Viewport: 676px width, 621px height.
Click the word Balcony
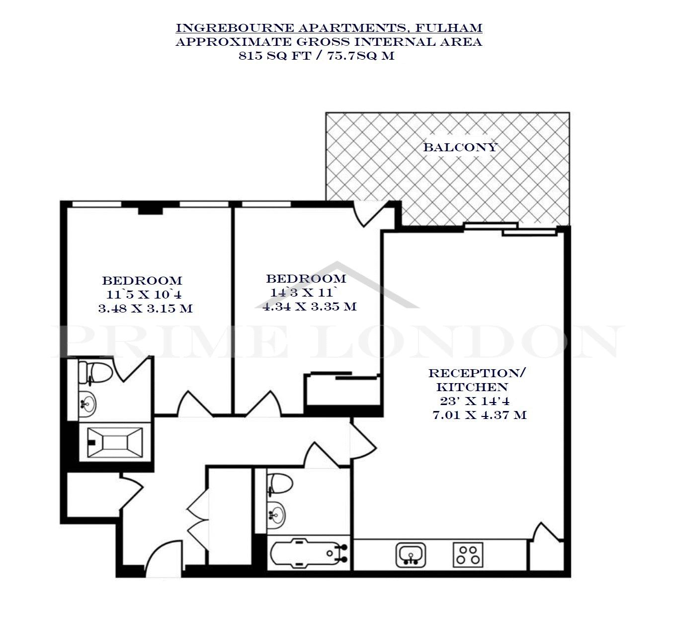click(x=460, y=147)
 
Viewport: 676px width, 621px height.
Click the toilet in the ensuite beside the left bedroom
click(x=95, y=373)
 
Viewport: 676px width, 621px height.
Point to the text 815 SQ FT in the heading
click(x=275, y=56)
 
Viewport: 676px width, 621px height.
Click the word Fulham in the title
click(x=448, y=28)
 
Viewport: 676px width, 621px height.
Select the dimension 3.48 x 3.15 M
click(x=146, y=309)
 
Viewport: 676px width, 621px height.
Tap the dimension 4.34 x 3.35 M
click(x=309, y=307)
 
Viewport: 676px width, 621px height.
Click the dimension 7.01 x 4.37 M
click(x=479, y=415)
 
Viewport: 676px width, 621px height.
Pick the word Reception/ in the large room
click(x=477, y=373)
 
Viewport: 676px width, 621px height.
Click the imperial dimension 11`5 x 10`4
click(x=144, y=295)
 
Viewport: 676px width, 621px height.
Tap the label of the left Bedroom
click(x=142, y=281)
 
